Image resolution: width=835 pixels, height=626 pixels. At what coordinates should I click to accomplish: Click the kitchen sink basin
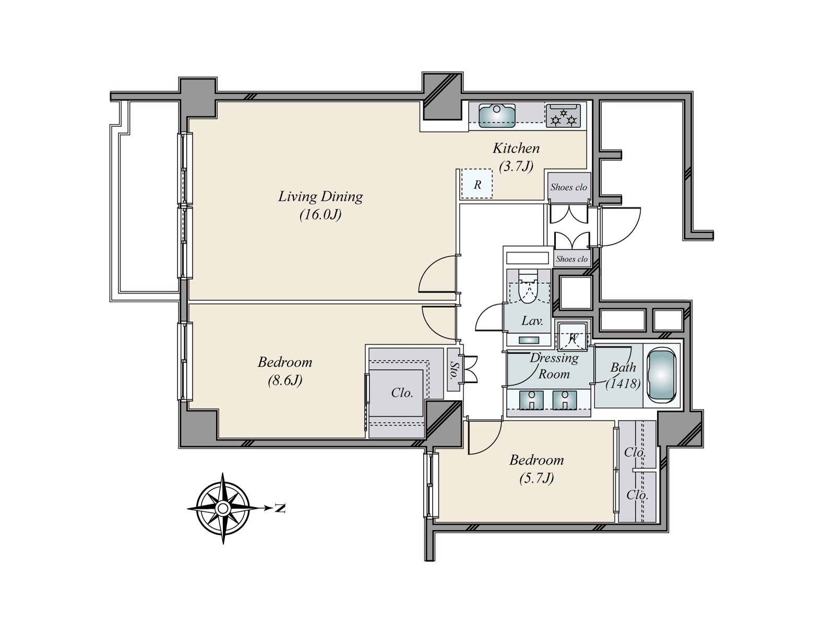(497, 115)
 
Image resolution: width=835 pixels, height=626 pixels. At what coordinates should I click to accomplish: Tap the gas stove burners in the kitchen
(564, 115)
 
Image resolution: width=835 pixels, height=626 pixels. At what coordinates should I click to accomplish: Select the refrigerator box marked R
(476, 184)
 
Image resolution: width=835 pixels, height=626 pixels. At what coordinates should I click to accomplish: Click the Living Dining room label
(320, 197)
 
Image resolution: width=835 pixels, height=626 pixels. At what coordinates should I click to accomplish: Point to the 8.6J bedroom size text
(285, 380)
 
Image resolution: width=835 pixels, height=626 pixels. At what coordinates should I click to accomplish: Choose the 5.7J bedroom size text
(536, 478)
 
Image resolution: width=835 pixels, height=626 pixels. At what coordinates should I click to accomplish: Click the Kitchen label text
(516, 148)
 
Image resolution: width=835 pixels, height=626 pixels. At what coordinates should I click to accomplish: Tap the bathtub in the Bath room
(661, 376)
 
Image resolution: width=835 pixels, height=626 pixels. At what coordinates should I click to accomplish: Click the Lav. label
(532, 321)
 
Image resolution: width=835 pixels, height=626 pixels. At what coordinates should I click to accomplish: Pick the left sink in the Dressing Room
(531, 400)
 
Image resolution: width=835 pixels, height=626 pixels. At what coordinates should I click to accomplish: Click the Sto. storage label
(453, 370)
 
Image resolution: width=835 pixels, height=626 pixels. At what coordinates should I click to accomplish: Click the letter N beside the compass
(280, 508)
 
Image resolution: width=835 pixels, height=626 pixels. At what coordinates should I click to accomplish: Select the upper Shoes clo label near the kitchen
(569, 187)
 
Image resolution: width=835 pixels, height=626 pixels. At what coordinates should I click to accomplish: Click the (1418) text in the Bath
(623, 384)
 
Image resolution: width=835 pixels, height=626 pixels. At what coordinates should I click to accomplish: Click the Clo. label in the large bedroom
(402, 393)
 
